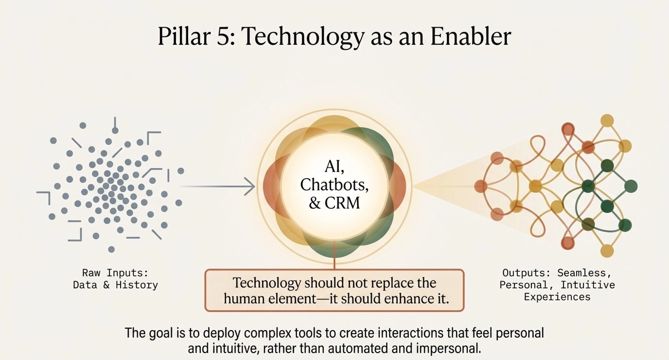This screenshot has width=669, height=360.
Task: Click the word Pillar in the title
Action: pos(184,37)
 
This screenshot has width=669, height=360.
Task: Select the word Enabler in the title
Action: pos(470,37)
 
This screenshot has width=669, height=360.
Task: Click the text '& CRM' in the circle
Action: pos(334,203)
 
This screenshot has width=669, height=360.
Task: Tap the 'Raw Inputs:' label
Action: pos(115,273)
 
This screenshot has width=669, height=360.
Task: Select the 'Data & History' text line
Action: pos(115,285)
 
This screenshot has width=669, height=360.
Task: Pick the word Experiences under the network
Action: pos(557,297)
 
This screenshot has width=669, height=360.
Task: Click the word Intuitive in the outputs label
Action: pos(587,285)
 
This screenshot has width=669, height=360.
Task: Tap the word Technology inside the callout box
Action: pos(267,283)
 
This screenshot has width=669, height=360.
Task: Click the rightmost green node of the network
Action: pos(630,186)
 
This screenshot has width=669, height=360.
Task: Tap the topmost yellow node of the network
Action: pos(607,120)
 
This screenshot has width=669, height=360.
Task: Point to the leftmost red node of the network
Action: pos(480,186)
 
